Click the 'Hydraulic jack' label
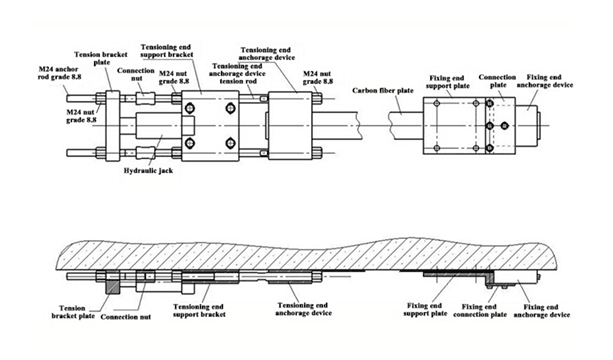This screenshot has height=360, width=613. [148, 171]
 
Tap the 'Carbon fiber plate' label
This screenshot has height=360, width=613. [383, 90]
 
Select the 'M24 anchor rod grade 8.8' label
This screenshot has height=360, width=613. [60, 73]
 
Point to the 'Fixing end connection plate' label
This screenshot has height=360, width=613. [480, 310]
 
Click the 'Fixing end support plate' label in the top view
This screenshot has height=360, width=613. [447, 82]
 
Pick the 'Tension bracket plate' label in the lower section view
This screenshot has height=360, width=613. [73, 312]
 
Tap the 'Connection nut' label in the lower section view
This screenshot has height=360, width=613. [125, 317]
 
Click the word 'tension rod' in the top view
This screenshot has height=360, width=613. [238, 81]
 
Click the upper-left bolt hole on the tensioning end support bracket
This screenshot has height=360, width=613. [190, 107]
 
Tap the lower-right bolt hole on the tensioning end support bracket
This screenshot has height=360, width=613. [230, 143]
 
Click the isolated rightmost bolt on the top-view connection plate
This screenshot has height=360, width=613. [505, 125]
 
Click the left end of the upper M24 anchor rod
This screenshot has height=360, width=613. [67, 97]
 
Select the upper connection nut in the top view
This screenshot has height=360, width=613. [145, 98]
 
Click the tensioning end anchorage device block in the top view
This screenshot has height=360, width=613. [290, 125]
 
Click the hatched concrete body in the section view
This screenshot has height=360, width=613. [305, 253]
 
